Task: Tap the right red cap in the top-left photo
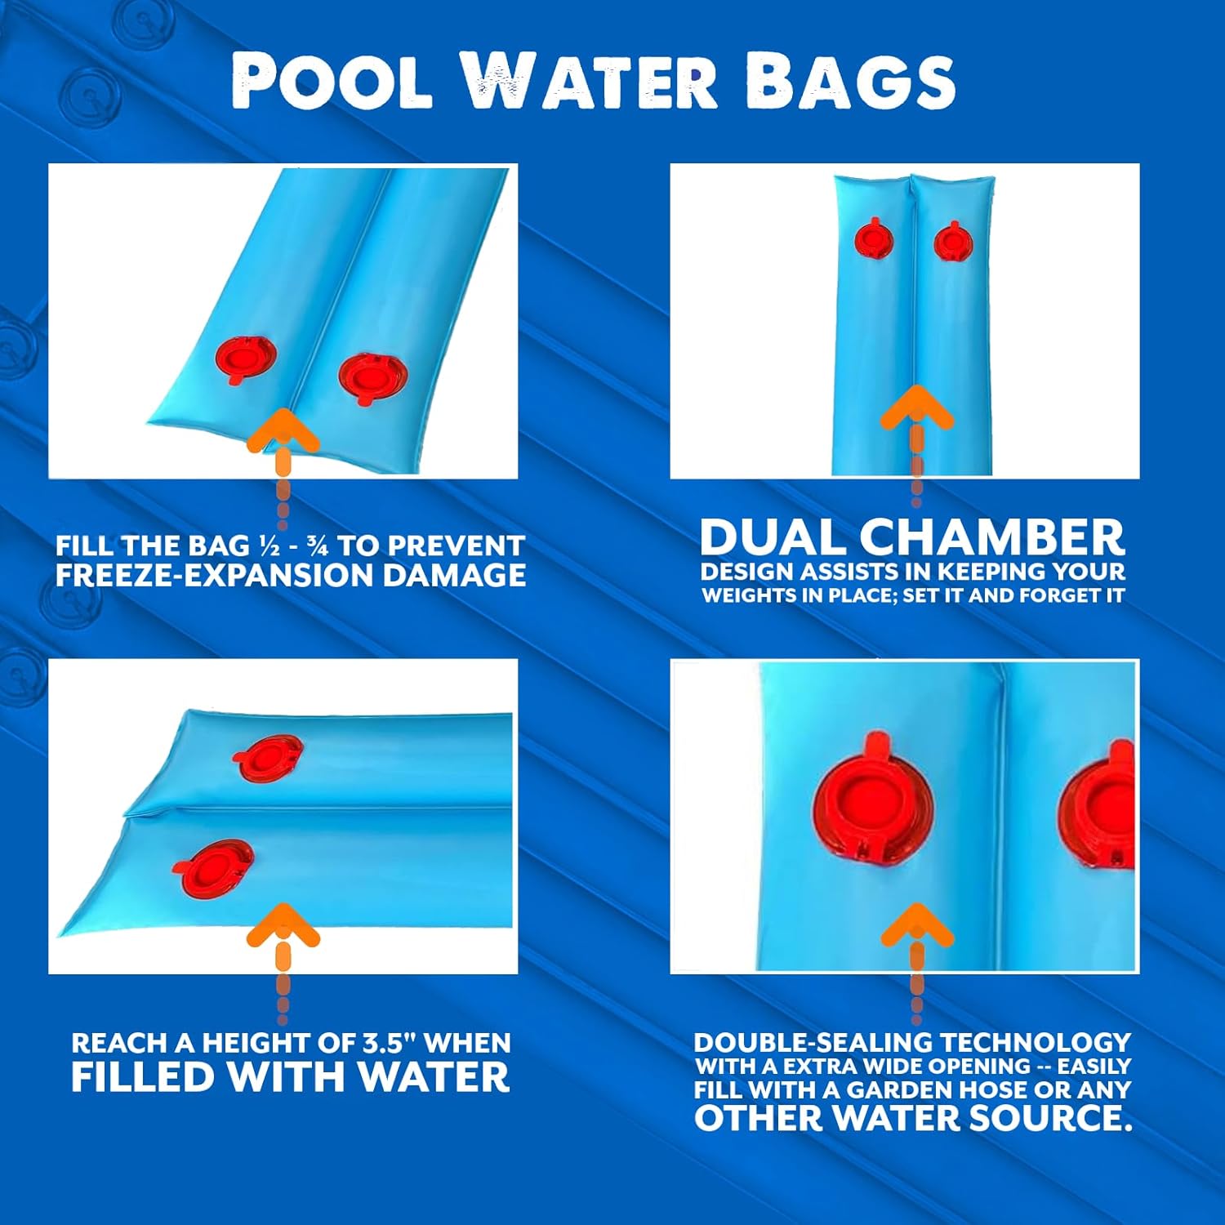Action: (372, 376)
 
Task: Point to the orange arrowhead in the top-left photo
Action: (283, 430)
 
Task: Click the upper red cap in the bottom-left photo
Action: (269, 756)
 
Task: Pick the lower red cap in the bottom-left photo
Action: (214, 867)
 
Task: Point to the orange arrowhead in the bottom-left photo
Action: (283, 924)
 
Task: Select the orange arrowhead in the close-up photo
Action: (916, 924)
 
